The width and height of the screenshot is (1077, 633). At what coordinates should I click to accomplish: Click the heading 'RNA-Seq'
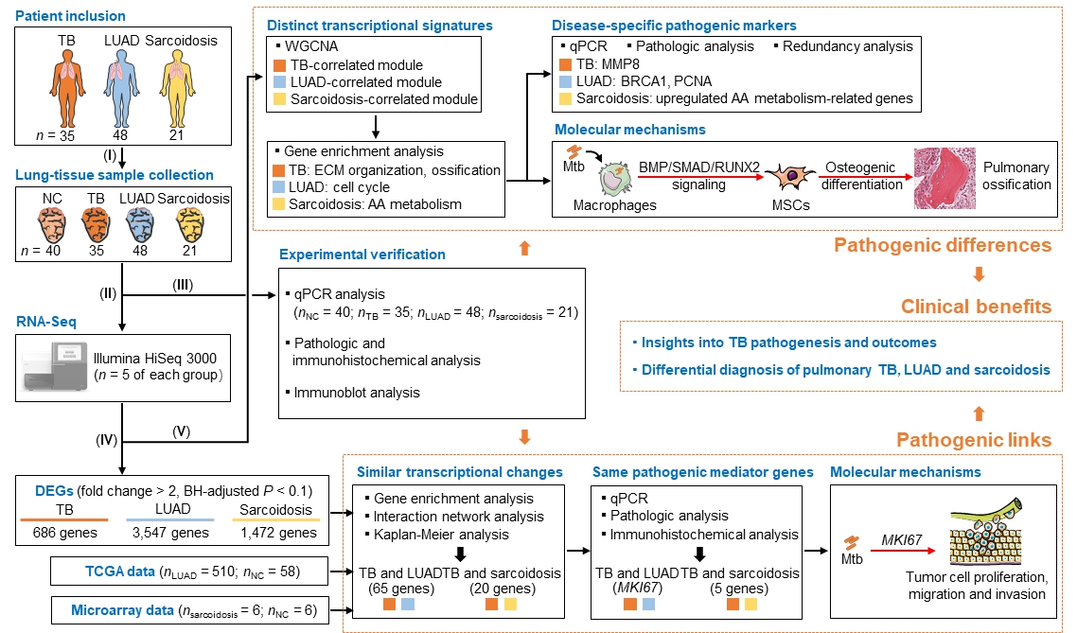(x=46, y=322)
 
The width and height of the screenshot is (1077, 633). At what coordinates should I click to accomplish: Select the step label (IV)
(x=106, y=440)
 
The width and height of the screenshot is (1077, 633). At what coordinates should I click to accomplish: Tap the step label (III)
(x=182, y=284)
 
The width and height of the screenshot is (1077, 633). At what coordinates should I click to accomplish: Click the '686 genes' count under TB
(x=65, y=532)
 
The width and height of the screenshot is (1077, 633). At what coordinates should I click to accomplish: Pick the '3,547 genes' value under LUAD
(x=171, y=532)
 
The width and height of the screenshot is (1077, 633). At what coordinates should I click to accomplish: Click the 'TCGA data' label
(x=119, y=571)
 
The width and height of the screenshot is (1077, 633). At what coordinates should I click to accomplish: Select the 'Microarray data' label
(x=122, y=609)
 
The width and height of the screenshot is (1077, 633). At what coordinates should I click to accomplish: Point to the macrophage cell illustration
(x=615, y=178)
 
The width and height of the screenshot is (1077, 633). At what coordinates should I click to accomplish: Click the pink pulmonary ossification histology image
(x=945, y=178)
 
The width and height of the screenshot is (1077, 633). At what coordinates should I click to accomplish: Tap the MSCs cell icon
(x=790, y=176)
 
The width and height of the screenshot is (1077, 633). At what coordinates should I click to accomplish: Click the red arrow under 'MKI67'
(x=909, y=551)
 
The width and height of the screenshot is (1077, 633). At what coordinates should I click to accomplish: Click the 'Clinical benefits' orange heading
(x=976, y=307)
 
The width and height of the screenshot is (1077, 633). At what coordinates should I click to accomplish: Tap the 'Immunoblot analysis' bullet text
(x=357, y=393)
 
